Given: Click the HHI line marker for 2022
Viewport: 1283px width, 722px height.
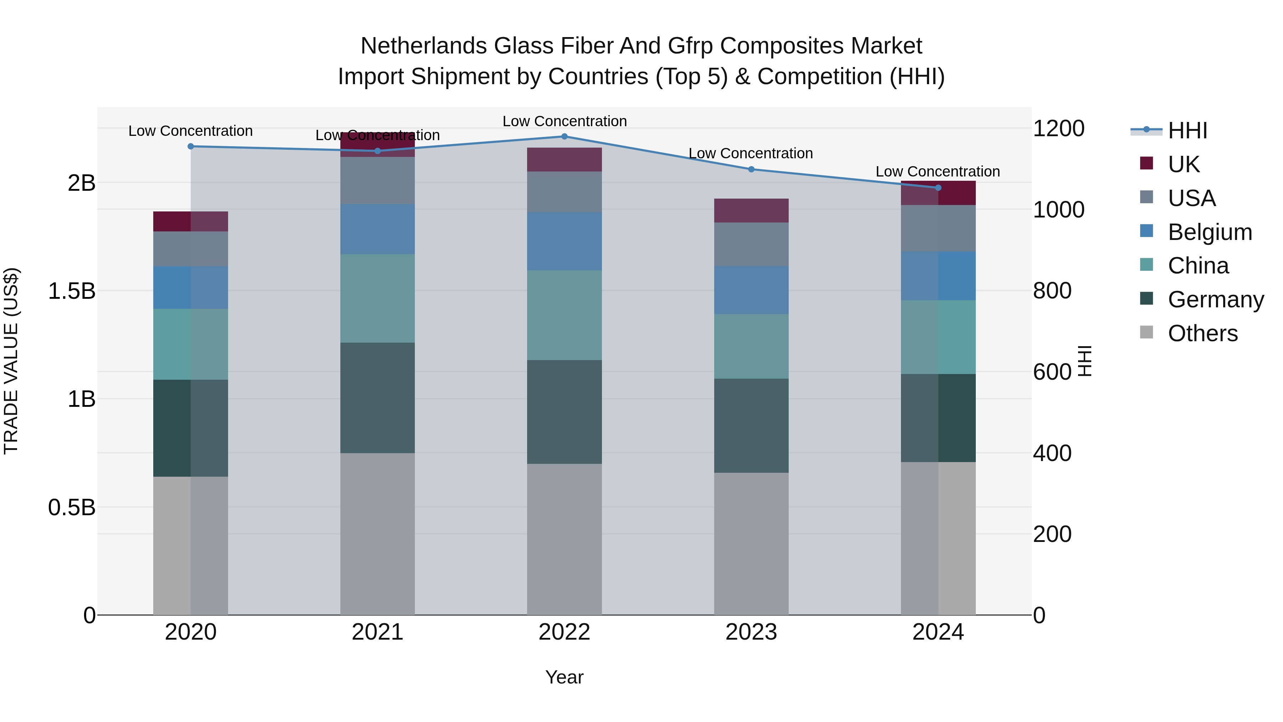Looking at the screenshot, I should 564,136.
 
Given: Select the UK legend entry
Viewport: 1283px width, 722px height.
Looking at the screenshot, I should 1183,164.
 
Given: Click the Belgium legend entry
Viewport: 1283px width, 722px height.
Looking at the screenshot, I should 1209,232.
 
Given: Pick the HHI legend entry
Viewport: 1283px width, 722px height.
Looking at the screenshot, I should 1187,130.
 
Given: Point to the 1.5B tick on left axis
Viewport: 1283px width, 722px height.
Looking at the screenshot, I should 72,291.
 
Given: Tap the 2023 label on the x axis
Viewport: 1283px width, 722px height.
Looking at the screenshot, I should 751,632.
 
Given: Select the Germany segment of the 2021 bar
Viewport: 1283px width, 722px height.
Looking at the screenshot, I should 377,398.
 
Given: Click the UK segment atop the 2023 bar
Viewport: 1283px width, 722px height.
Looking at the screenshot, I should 751,210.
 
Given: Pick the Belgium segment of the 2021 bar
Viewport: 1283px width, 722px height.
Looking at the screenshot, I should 377,229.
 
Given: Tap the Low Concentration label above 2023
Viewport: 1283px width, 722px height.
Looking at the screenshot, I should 751,153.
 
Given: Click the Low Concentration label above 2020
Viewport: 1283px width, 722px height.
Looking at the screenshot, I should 190,131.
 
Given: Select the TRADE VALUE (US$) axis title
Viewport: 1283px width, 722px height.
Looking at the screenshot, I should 11,361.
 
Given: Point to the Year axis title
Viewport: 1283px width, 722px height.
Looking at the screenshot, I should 564,677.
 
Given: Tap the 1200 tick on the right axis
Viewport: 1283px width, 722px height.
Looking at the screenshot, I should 1058,129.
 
